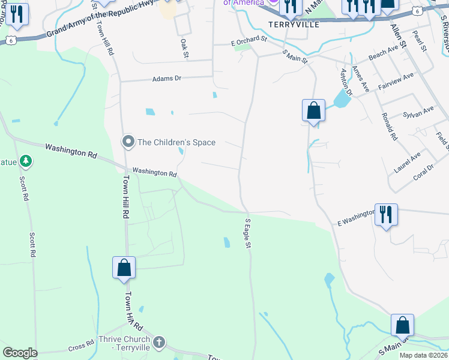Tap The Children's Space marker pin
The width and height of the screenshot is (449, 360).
128,142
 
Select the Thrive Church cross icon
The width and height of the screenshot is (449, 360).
158,343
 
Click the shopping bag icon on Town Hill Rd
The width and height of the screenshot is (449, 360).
124,268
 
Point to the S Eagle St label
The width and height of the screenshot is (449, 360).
247,234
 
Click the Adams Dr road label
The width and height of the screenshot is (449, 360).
166,79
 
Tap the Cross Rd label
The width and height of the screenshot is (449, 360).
81,347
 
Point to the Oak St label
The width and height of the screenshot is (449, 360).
184,49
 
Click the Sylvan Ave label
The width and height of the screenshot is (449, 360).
418,112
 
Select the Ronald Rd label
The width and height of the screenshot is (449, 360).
389,127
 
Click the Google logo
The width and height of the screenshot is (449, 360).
20,353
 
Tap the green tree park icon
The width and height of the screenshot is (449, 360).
25,161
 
